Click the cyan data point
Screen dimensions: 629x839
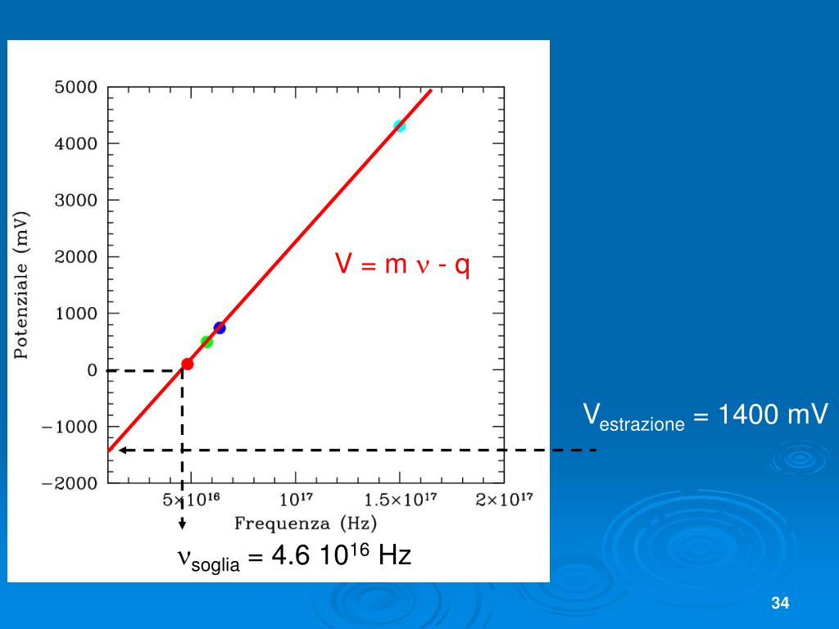pyautogui.click(x=399, y=126)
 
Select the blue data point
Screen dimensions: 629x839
pyautogui.click(x=220, y=328)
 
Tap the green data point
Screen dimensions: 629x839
pyautogui.click(x=206, y=342)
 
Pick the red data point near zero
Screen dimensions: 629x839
pyautogui.click(x=188, y=364)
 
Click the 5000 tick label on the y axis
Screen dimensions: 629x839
pyautogui.click(x=75, y=87)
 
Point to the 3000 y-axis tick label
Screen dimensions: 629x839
pyautogui.click(x=75, y=200)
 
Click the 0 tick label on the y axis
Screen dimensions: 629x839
pyautogui.click(x=92, y=370)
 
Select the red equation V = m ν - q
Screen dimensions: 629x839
pyautogui.click(x=401, y=265)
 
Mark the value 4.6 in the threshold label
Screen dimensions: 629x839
pyautogui.click(x=286, y=556)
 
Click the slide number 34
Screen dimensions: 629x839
pyautogui.click(x=779, y=604)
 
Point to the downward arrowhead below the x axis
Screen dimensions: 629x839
pyautogui.click(x=182, y=524)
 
